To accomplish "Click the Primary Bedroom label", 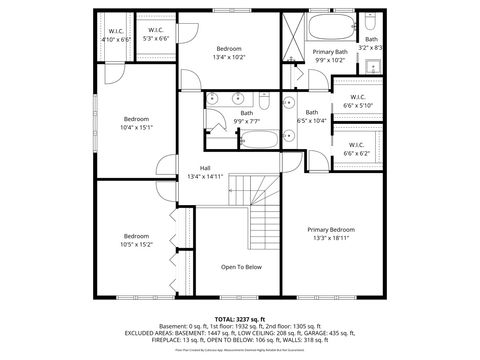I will click(330, 229).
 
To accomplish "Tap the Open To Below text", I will click(241, 267).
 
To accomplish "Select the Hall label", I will click(205, 167).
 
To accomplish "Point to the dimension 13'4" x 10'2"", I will click(229, 57).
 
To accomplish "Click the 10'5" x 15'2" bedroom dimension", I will click(136, 244).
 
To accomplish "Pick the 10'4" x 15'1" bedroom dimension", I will click(136, 127).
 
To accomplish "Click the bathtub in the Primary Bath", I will click(330, 25).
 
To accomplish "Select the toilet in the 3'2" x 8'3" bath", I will click(370, 21).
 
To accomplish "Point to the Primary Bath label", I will click(329, 51).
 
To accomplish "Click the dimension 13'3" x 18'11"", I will click(330, 238).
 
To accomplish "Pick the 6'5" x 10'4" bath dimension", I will click(312, 121).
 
